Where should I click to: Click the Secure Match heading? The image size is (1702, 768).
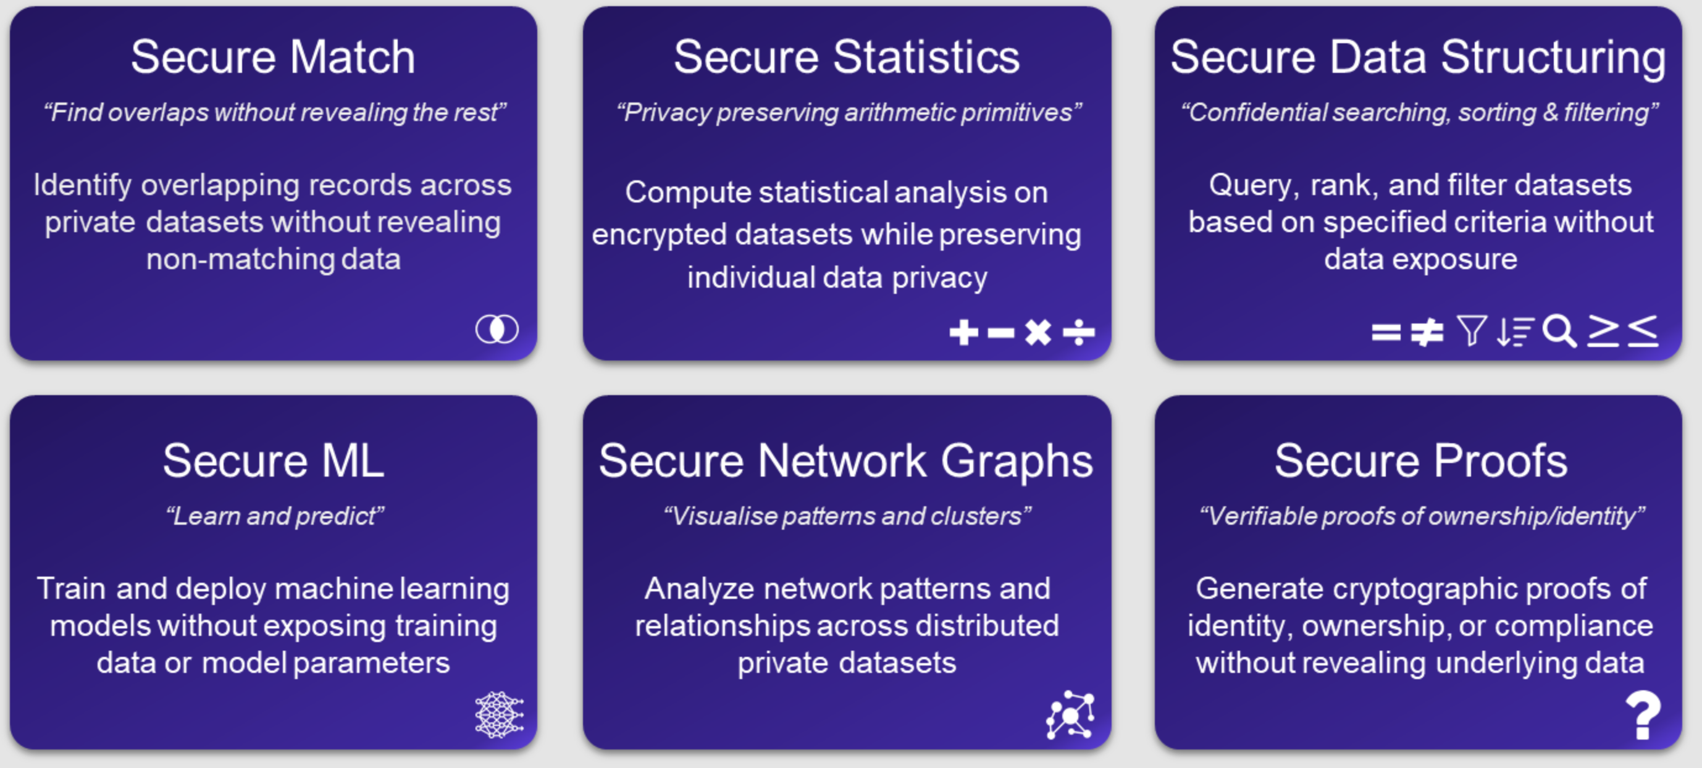click(x=273, y=57)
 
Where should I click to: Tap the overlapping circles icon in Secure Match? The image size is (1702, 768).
click(x=497, y=329)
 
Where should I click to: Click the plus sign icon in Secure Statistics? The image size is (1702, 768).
click(x=963, y=332)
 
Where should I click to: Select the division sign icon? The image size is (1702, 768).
click(x=1078, y=332)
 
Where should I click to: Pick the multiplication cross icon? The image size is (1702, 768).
click(x=1038, y=332)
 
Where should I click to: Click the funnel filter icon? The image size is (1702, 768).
click(x=1472, y=331)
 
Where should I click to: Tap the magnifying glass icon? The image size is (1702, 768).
click(x=1559, y=331)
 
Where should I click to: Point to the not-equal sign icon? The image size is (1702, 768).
click(x=1427, y=332)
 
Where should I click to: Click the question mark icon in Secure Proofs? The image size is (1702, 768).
click(x=1643, y=714)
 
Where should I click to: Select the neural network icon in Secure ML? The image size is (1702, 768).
click(x=499, y=714)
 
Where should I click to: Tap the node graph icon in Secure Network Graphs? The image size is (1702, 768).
click(x=1070, y=714)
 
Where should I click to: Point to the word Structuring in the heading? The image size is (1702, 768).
click(x=1553, y=57)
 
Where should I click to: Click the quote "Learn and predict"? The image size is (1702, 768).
click(x=274, y=515)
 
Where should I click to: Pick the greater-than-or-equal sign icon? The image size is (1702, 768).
click(x=1604, y=330)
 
